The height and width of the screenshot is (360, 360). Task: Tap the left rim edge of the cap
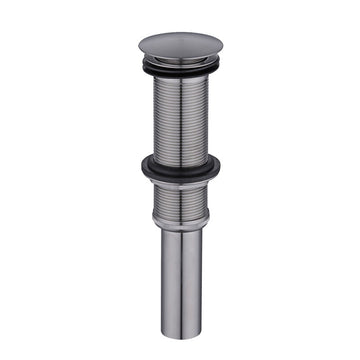[137, 46]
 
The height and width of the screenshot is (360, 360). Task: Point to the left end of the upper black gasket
[143, 66]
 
